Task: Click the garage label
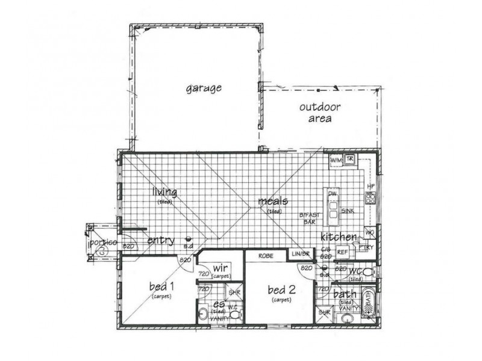[203, 88]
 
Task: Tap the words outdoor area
[320, 113]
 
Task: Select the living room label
[164, 193]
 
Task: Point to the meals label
[273, 201]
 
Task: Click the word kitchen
[339, 236]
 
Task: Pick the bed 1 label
[161, 286]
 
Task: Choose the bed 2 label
[282, 290]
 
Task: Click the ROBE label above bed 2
[266, 256]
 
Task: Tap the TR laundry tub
[350, 159]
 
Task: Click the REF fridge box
[343, 253]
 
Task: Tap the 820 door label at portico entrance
[128, 246]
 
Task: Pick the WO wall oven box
[369, 233]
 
